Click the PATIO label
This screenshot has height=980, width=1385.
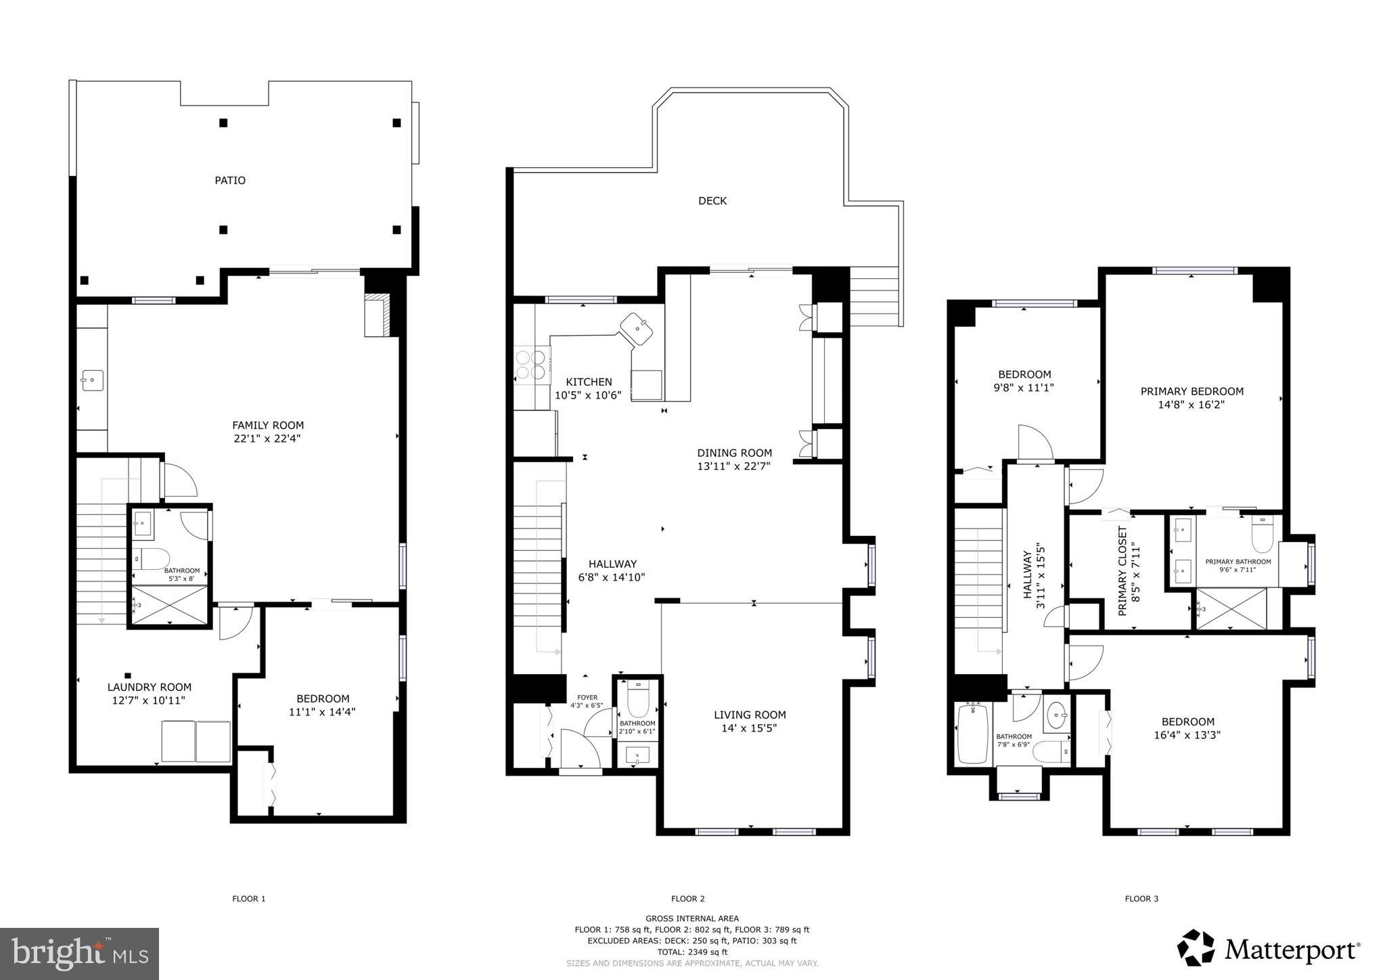(230, 180)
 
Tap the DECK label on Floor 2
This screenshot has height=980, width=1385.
(712, 200)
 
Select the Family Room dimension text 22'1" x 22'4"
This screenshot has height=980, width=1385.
(268, 439)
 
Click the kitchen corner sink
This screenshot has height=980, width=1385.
(637, 329)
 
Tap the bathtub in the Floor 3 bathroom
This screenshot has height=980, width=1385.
(973, 734)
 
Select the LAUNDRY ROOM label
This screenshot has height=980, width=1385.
(150, 687)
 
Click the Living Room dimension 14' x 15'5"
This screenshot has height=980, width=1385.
(750, 728)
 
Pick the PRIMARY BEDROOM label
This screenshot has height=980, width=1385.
(1191, 391)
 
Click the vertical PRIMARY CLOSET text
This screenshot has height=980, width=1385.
(1122, 571)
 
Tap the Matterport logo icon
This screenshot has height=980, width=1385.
(1196, 948)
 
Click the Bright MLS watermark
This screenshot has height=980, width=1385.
(80, 954)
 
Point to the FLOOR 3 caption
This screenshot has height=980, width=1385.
(1141, 899)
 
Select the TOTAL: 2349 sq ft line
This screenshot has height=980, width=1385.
(691, 952)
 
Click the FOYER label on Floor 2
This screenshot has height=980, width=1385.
(587, 697)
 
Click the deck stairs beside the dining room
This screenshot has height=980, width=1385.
(876, 296)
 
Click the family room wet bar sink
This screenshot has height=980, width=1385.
(92, 380)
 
